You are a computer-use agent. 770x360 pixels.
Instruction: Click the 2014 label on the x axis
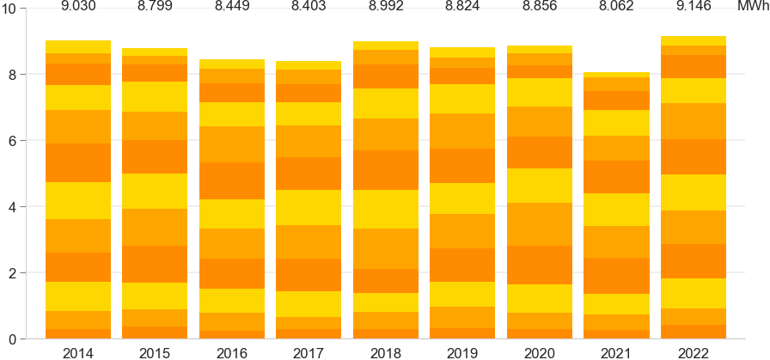(x=78, y=351)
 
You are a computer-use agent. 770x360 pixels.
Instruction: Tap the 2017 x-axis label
(x=309, y=351)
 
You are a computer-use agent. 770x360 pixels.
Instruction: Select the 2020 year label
(x=540, y=351)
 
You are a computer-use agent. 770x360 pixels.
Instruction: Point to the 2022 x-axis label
(x=694, y=351)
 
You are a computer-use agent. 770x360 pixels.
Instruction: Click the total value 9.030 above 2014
(x=78, y=7)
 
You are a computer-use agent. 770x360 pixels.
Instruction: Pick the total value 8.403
(x=309, y=7)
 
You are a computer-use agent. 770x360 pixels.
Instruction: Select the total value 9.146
(x=694, y=7)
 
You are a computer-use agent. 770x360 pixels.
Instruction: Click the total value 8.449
(x=232, y=7)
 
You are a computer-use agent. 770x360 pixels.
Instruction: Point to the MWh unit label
(x=753, y=7)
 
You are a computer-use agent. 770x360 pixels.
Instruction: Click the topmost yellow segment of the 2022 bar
(x=694, y=40)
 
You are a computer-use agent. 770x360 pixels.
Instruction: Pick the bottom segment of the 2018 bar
(x=386, y=333)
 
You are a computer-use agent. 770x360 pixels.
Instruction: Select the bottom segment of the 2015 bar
(x=155, y=333)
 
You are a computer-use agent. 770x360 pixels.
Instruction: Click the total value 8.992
(x=386, y=7)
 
